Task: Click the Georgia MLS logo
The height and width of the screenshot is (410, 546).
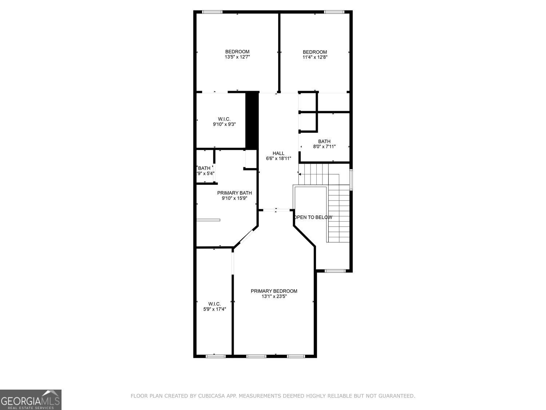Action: coord(31,399)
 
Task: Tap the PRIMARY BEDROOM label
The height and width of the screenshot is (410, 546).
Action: coord(274,291)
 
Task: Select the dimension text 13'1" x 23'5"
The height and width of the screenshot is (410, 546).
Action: coord(274,296)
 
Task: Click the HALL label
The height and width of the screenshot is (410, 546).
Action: coord(278,153)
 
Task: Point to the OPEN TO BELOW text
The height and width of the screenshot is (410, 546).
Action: coord(313,217)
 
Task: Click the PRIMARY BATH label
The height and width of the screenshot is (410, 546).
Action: coord(234,193)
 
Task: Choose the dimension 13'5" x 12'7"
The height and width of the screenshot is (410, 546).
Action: coord(237,57)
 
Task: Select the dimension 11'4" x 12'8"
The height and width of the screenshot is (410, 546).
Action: coord(315,57)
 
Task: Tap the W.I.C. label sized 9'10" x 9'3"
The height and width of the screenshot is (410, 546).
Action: coord(224,119)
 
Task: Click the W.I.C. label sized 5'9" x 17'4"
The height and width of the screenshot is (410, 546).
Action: coord(214,304)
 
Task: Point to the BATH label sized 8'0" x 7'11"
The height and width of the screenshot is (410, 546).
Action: coord(324,141)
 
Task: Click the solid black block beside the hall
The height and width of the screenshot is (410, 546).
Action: coord(252,120)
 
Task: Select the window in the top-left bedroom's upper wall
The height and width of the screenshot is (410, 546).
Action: coord(212,12)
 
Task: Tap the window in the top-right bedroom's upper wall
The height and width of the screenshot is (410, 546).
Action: coord(334,12)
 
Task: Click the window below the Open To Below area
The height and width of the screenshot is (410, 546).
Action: coord(335,271)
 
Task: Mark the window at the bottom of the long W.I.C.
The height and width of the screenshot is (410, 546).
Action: coord(213,356)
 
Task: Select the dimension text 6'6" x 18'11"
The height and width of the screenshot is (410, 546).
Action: coord(278,159)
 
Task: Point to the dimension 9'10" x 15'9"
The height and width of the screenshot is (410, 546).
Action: coord(234,198)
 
